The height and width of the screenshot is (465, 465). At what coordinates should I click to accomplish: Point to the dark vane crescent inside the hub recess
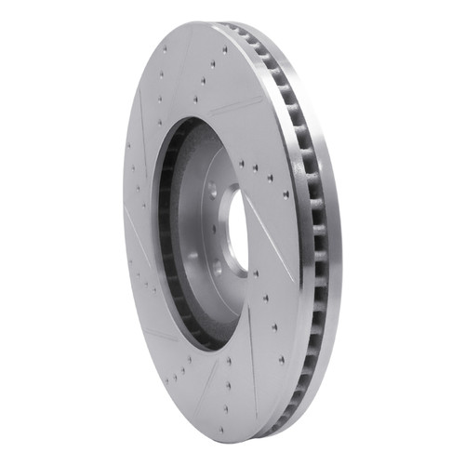[172, 232]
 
